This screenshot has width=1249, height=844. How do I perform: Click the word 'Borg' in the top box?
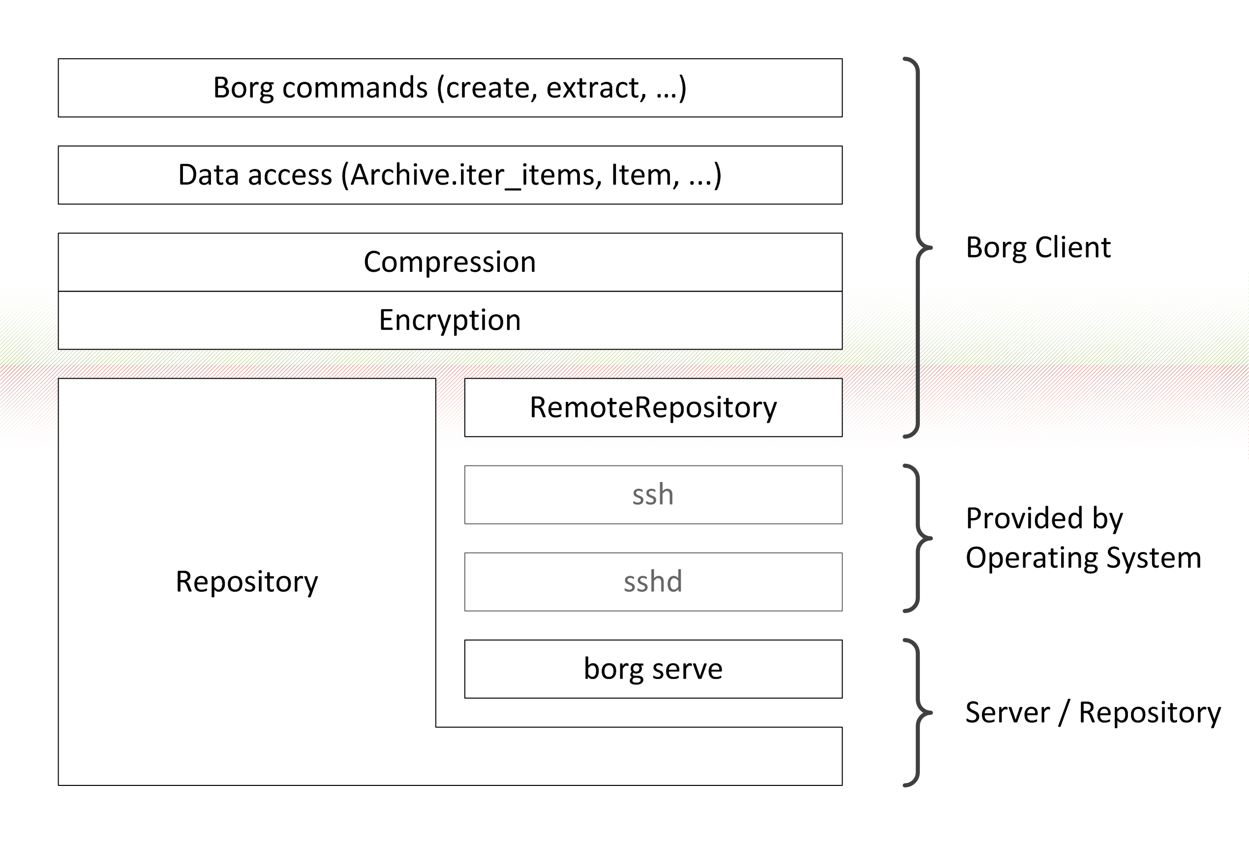[244, 88]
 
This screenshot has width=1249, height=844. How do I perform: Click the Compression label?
[450, 262]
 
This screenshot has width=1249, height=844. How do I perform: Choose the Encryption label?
[450, 321]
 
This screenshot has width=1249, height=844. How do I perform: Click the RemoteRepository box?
[653, 408]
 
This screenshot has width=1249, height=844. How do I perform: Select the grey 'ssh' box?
[653, 495]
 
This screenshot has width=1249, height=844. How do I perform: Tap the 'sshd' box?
[653, 582]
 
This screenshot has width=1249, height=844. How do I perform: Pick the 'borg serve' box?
[653, 669]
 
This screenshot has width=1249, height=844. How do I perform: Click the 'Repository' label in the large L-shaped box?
[246, 582]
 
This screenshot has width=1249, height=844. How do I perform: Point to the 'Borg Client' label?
[1038, 248]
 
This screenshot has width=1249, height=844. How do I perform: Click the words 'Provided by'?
[1044, 519]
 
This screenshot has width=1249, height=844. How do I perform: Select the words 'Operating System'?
[1083, 558]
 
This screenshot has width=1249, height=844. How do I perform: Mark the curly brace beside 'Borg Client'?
[918, 248]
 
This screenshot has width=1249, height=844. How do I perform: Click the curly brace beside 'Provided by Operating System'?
[918, 538]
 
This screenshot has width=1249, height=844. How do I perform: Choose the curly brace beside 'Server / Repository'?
[918, 713]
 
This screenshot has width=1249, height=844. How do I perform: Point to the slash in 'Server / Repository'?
[1064, 714]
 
